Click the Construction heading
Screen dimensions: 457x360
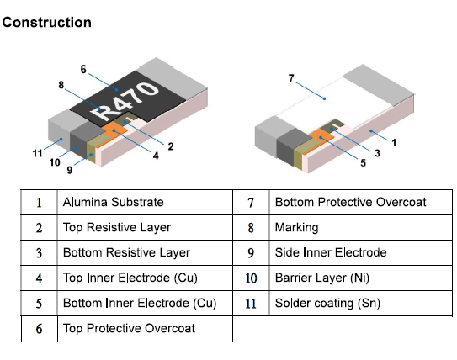click(x=46, y=23)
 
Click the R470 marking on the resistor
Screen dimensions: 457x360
click(x=125, y=101)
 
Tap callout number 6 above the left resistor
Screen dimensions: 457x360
click(x=83, y=69)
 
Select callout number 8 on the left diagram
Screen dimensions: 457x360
click(x=61, y=85)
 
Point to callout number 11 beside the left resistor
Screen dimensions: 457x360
click(x=37, y=153)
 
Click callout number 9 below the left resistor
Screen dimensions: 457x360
click(x=70, y=170)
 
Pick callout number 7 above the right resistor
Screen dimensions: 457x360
click(x=291, y=78)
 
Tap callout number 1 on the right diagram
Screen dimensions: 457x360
click(x=394, y=143)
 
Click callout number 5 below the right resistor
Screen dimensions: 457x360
click(x=363, y=163)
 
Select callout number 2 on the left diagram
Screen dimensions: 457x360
click(x=171, y=146)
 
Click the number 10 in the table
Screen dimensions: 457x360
click(x=251, y=278)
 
